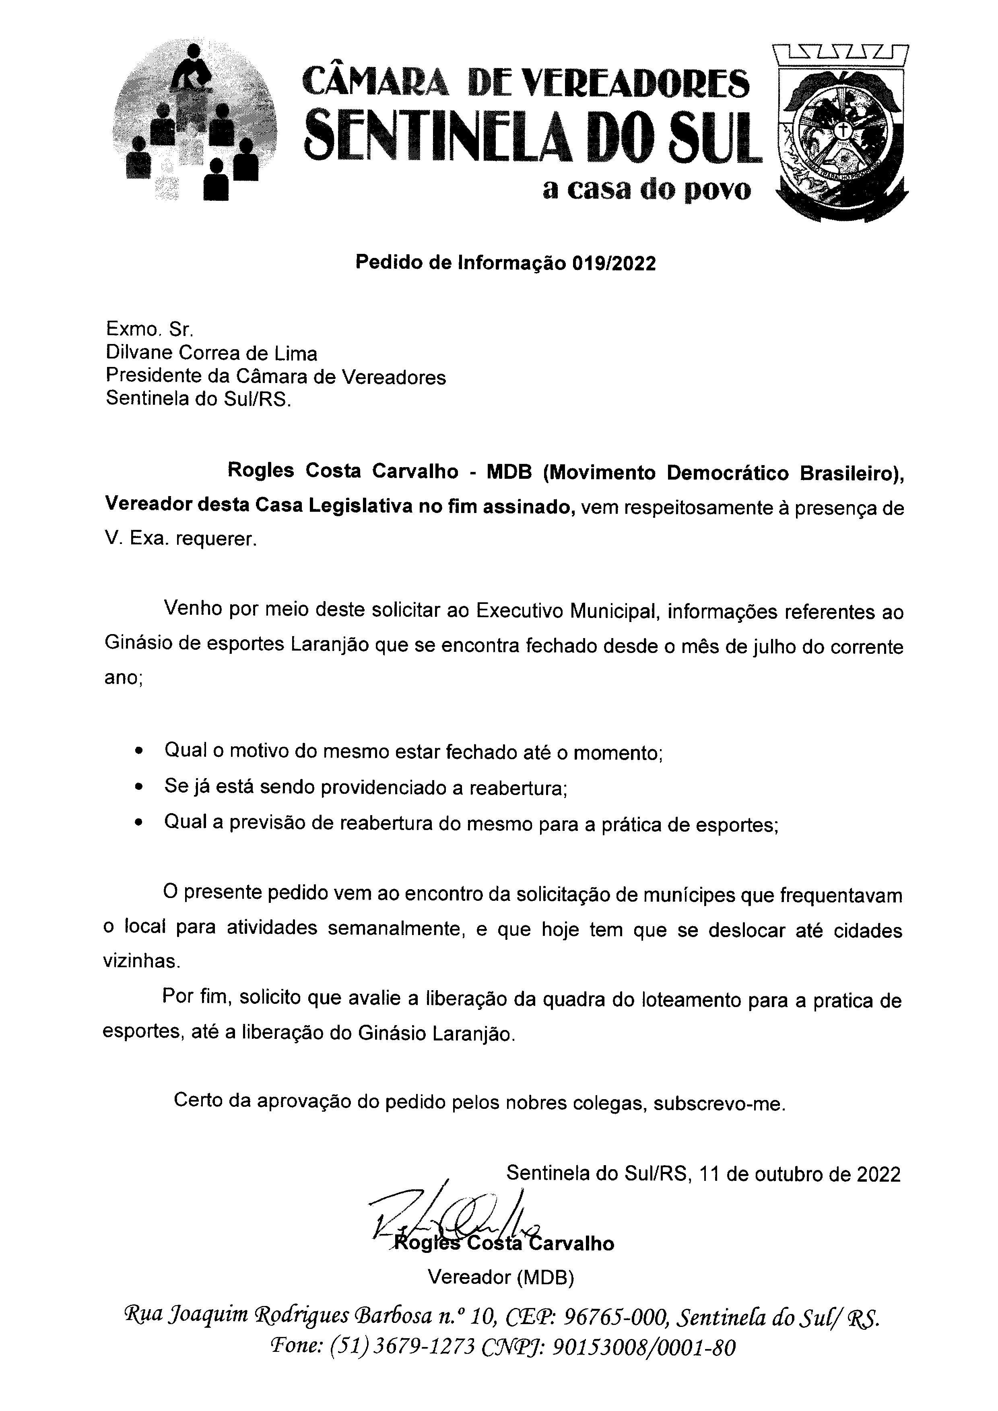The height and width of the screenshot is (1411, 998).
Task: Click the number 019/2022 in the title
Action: point(613,263)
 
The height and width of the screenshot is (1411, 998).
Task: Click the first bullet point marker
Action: point(141,752)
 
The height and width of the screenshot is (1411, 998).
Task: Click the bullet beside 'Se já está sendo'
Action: point(141,787)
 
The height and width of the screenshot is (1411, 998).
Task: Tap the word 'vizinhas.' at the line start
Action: point(141,961)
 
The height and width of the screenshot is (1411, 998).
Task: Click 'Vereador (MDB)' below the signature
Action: point(501,1278)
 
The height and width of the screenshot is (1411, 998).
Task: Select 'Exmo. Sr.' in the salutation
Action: point(149,330)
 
